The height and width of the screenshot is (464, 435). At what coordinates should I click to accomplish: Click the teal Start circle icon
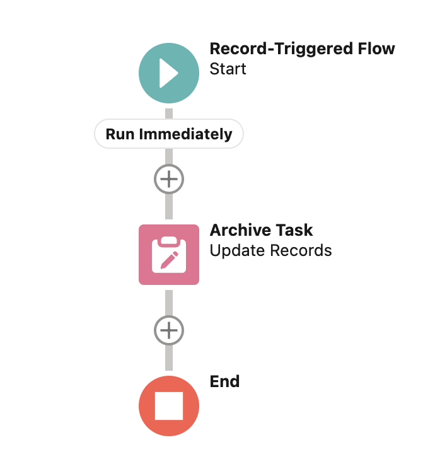pyautogui.click(x=168, y=74)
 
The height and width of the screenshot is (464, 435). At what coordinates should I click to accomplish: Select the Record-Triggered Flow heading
pyautogui.click(x=302, y=49)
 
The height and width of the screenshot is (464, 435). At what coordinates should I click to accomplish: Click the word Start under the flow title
pyautogui.click(x=228, y=69)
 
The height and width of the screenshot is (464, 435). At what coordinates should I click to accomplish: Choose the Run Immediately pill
pyautogui.click(x=168, y=134)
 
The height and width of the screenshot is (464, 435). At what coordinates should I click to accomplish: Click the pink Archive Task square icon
pyautogui.click(x=168, y=255)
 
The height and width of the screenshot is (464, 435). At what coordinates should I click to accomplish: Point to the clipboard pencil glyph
pyautogui.click(x=169, y=255)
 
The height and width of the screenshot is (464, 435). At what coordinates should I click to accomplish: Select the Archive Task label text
pyautogui.click(x=261, y=229)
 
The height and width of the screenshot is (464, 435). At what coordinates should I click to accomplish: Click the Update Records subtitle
pyautogui.click(x=270, y=250)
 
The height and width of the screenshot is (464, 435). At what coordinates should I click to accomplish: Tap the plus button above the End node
pyautogui.click(x=168, y=330)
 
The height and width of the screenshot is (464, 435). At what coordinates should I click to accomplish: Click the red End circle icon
pyautogui.click(x=168, y=406)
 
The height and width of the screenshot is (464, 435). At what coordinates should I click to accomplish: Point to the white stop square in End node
pyautogui.click(x=168, y=406)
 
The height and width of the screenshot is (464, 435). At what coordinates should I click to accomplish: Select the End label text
pyautogui.click(x=224, y=381)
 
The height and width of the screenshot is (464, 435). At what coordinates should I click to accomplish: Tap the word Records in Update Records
pyautogui.click(x=301, y=250)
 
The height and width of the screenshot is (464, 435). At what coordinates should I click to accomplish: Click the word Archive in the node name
pyautogui.click(x=235, y=229)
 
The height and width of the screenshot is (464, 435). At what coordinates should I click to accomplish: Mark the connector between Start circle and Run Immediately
pyautogui.click(x=168, y=113)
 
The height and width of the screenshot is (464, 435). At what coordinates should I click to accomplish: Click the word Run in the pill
pyautogui.click(x=120, y=134)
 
